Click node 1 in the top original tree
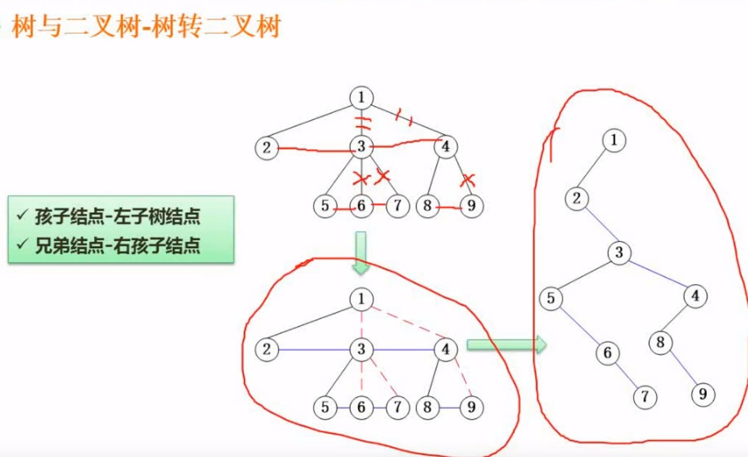(361, 98)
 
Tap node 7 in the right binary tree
(644, 397)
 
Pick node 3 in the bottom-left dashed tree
(361, 350)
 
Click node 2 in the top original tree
(266, 148)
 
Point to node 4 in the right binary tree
(695, 296)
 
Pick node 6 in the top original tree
(361, 207)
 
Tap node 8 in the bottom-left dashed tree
(427, 408)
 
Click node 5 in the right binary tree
(551, 299)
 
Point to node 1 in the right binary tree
(614, 141)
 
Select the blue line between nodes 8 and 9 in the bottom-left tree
(449, 408)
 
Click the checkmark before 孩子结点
(22, 217)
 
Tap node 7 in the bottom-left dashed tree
(398, 408)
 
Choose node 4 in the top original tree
(446, 147)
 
